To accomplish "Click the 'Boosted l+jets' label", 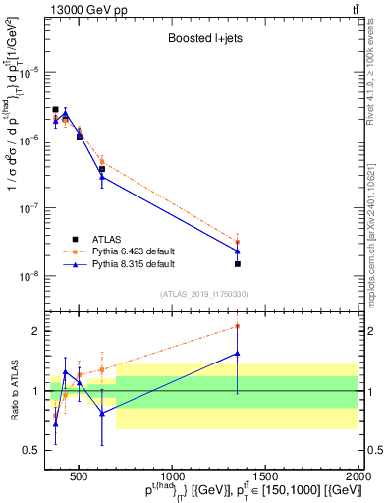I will click(202, 41).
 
